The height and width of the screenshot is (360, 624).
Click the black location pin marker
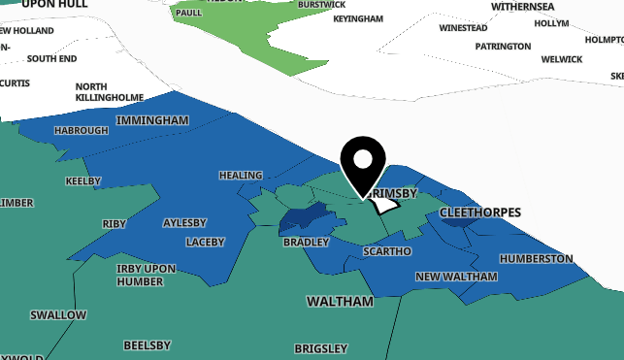point(363,163)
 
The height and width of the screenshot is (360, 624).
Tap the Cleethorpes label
point(479,212)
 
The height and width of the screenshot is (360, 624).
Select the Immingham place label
point(151,120)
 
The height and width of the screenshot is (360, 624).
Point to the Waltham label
point(340,302)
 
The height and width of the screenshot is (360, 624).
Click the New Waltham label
point(456,277)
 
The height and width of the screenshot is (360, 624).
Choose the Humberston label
point(536,259)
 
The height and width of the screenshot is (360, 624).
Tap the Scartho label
point(386,251)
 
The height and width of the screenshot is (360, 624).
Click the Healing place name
point(241,176)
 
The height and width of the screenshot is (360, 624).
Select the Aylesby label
point(185,222)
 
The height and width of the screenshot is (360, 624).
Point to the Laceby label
point(205,242)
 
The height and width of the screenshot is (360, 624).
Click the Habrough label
point(81,130)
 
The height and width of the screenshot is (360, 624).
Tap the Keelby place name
point(82,181)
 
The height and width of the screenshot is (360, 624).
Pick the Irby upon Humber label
point(146,275)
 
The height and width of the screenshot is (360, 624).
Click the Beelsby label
point(147,345)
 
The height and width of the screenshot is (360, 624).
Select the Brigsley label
point(320,348)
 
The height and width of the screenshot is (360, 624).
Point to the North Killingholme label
point(109,91)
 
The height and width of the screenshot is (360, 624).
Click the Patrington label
point(503,47)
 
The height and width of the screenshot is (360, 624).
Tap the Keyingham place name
point(357,18)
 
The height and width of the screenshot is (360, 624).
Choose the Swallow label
point(58,315)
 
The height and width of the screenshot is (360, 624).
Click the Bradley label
point(307,242)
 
